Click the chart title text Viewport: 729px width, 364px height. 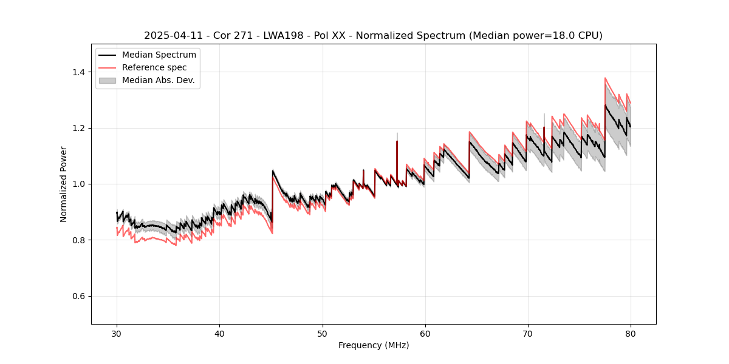click(373, 36)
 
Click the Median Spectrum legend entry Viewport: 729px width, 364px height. click(159, 55)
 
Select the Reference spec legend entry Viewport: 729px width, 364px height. click(154, 67)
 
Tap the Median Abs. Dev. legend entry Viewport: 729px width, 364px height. click(158, 80)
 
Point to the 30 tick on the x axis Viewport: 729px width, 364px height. click(117, 334)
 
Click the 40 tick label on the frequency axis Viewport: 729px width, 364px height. click(219, 334)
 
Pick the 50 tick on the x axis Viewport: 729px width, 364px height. click(322, 334)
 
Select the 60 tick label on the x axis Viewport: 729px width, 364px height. click(425, 334)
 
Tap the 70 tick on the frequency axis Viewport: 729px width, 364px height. click(527, 334)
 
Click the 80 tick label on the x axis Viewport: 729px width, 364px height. click(630, 334)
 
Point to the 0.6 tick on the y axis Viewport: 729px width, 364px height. click(79, 296)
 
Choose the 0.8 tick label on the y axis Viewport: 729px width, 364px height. click(79, 240)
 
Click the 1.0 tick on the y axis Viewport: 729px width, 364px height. click(79, 184)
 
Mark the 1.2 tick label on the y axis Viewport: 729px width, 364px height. click(79, 128)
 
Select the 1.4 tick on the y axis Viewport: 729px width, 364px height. click(79, 72)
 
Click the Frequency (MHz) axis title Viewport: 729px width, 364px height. click(373, 346)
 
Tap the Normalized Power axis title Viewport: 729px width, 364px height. click(64, 184)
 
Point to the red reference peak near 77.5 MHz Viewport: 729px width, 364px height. click(605, 78)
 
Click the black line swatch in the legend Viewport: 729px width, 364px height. click(107, 55)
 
